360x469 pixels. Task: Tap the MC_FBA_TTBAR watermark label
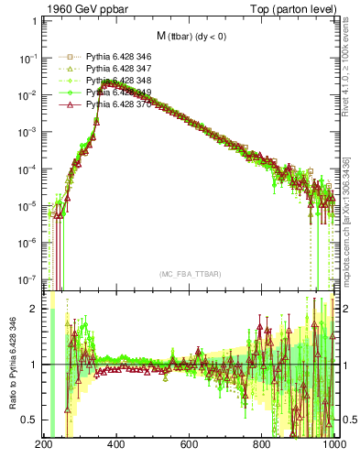191,274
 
